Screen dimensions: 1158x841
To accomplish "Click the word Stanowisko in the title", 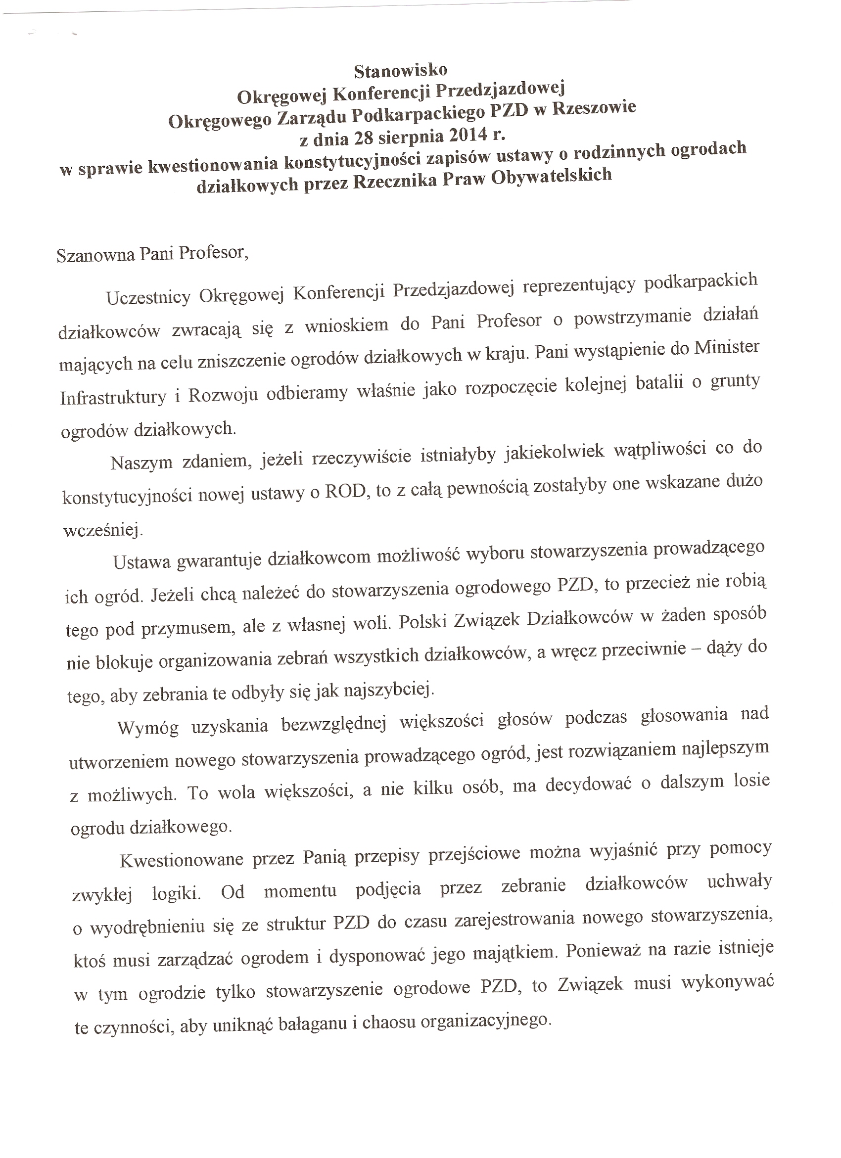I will pos(400,70).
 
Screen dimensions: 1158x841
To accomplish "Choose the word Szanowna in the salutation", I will pos(95,255).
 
